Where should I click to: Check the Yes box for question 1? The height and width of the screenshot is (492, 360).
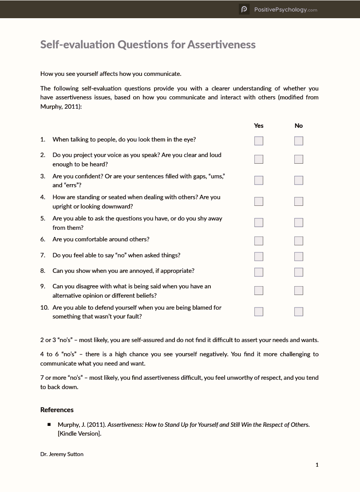pos(259,141)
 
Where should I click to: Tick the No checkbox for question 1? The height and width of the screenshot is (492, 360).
pos(299,141)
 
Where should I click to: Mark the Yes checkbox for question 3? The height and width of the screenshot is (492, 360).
pos(259,180)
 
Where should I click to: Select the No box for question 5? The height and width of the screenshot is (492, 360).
pos(299,222)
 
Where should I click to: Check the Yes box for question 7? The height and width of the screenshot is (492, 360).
pos(259,256)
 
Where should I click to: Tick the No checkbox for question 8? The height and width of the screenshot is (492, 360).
pos(299,272)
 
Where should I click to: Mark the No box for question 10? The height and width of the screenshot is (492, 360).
pos(299,311)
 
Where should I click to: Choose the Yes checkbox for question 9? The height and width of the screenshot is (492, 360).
pos(259,291)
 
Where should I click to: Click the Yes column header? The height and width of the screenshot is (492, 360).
pos(259,126)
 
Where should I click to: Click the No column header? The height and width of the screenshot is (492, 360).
pos(299,126)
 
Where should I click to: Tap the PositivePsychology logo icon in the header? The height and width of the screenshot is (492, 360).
pos(244,9)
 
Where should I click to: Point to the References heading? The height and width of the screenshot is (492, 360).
pos(57,409)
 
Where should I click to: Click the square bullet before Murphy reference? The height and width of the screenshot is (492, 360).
pos(49,425)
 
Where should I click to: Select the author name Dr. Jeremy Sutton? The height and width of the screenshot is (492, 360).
pos(62,454)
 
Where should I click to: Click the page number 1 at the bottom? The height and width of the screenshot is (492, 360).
pos(317,464)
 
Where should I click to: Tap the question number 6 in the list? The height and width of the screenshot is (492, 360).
pos(43,239)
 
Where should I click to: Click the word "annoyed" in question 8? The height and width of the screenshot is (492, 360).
pos(141,271)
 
